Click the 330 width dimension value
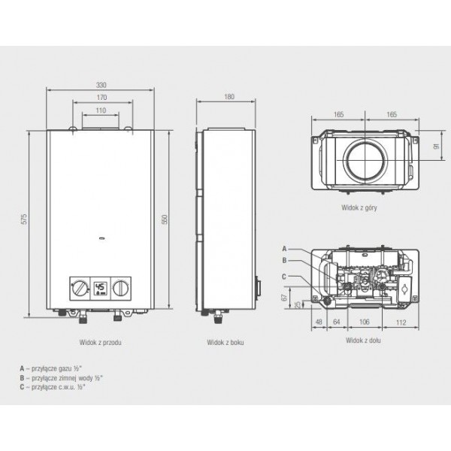(101, 85)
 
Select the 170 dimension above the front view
(101, 98)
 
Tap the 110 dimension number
(101, 110)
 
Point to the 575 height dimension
(24, 219)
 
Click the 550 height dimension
(165, 219)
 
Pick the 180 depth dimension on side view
(229, 97)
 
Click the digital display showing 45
(101, 289)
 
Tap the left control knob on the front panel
(80, 289)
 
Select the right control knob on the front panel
(121, 289)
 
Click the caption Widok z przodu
(101, 342)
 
